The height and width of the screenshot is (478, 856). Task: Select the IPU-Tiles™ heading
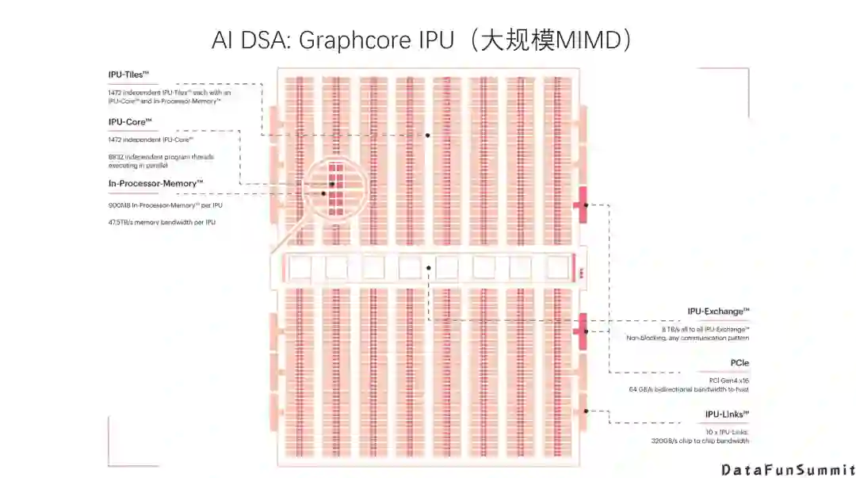pyautogui.click(x=129, y=75)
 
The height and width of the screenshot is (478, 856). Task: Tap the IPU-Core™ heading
pyautogui.click(x=130, y=122)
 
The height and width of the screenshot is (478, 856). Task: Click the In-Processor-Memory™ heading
pyautogui.click(x=156, y=183)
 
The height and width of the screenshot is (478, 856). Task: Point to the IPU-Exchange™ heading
pyautogui.click(x=718, y=312)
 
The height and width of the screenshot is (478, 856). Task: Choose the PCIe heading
pyautogui.click(x=739, y=363)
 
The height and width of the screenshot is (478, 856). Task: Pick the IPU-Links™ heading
pyautogui.click(x=727, y=414)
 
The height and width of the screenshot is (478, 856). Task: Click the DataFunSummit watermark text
pyautogui.click(x=787, y=469)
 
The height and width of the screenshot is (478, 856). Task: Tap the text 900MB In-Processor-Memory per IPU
pyautogui.click(x=166, y=205)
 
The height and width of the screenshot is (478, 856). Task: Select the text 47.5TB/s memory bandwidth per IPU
pyautogui.click(x=162, y=222)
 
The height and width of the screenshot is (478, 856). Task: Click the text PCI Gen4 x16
pyautogui.click(x=728, y=380)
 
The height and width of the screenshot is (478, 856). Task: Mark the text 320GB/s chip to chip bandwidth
pyautogui.click(x=700, y=441)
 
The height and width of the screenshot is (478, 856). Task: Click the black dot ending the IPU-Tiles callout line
pyautogui.click(x=427, y=136)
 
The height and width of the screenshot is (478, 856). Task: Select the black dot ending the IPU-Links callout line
pyautogui.click(x=585, y=411)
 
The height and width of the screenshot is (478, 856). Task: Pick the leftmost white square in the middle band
pyautogui.click(x=300, y=269)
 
